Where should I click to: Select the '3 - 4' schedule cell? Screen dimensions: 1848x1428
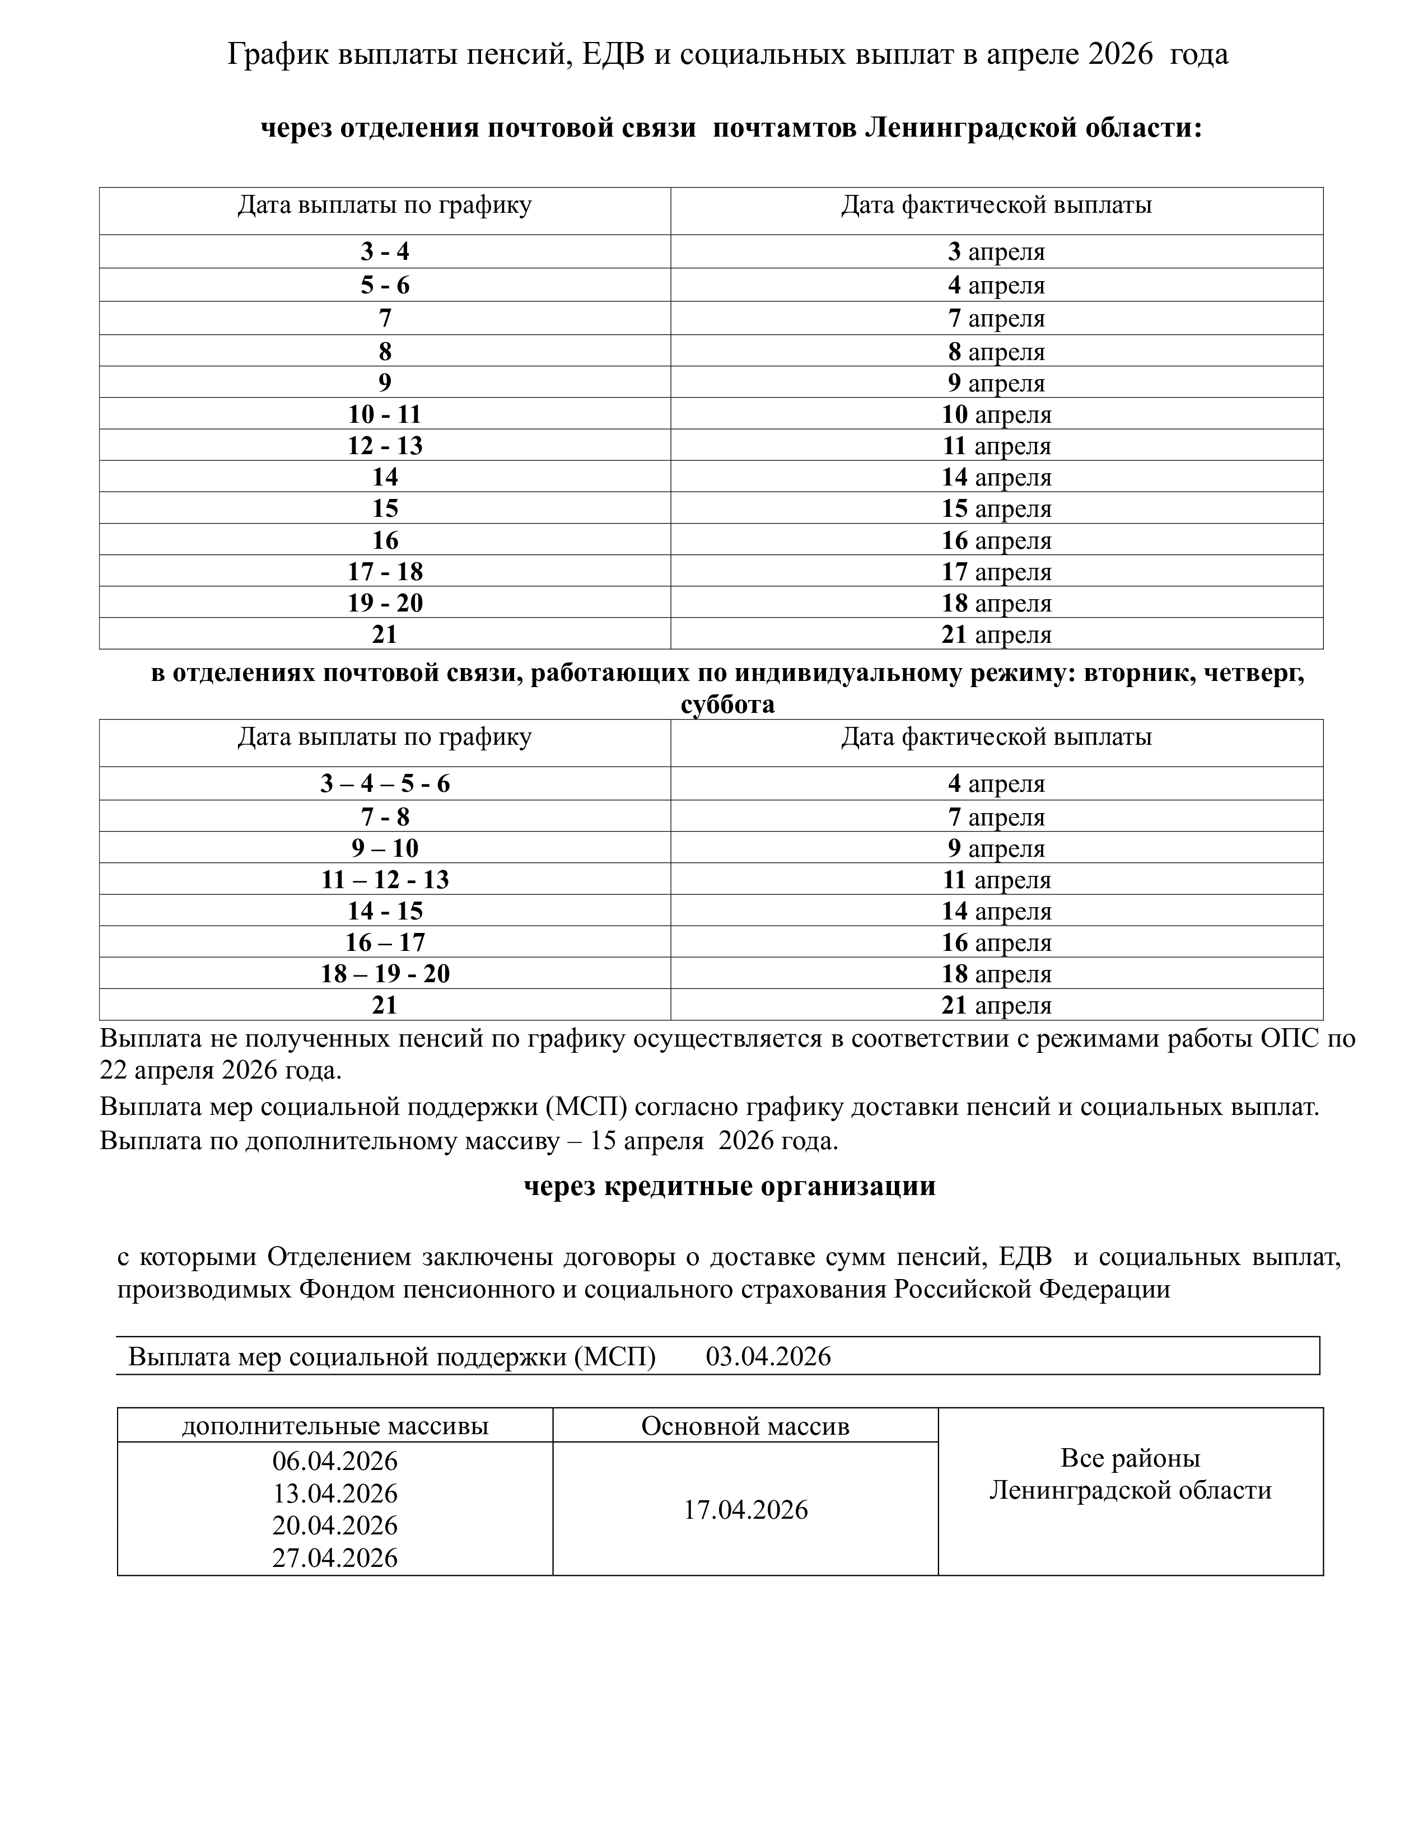(385, 251)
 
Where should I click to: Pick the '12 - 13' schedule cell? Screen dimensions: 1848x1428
(385, 445)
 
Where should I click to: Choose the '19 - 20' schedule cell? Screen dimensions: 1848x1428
(385, 603)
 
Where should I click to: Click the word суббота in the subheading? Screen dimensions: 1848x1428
(727, 704)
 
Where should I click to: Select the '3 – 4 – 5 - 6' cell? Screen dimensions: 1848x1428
(385, 783)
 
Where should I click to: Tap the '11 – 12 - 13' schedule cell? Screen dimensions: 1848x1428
(385, 880)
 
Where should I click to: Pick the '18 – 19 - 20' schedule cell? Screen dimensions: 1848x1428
(385, 974)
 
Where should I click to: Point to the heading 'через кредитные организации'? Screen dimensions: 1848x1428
(729, 1186)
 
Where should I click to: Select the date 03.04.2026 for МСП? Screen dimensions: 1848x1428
(768, 1356)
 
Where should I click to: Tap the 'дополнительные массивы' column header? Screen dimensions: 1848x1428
(335, 1426)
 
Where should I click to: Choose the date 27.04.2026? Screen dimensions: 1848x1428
(335, 1558)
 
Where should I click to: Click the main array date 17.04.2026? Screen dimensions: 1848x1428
(745, 1510)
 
